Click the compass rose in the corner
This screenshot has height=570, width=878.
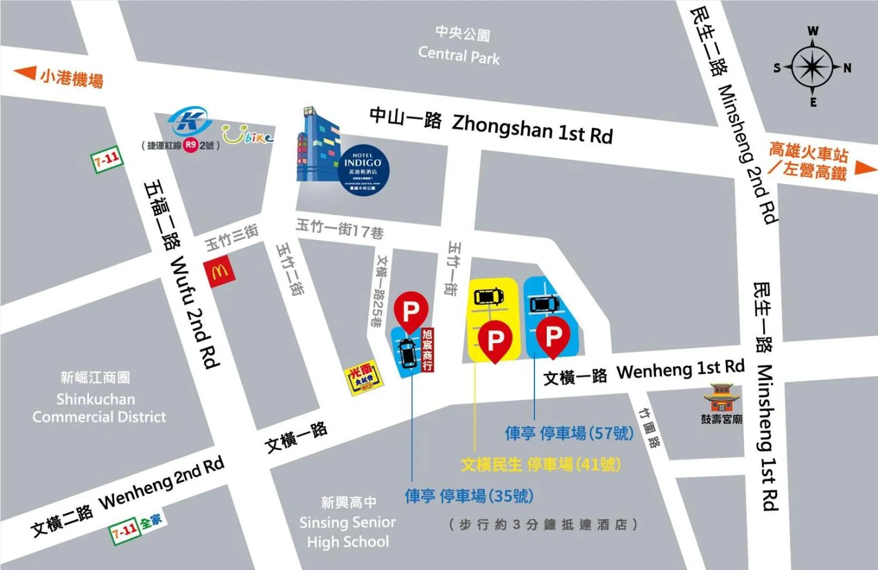(813, 67)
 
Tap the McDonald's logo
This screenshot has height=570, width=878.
(220, 272)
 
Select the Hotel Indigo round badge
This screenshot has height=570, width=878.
(366, 171)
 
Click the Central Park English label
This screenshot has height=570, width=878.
(459, 55)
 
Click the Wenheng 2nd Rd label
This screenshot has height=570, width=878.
(161, 485)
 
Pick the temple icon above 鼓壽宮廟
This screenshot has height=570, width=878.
(721, 397)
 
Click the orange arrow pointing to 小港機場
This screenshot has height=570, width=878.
(25, 73)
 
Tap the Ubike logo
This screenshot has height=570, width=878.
(247, 134)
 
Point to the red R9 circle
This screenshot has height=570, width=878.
(191, 145)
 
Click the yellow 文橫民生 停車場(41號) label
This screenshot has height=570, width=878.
(540, 464)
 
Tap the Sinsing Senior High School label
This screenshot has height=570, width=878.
(347, 531)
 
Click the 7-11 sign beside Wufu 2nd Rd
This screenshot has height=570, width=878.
(107, 160)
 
